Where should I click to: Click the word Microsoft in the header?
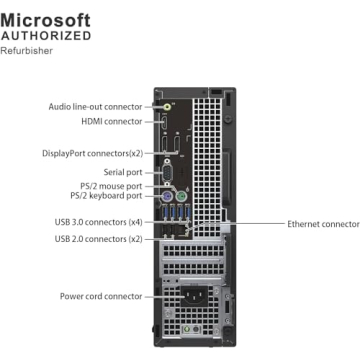click(x=46, y=19)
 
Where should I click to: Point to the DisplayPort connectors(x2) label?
click(x=93, y=153)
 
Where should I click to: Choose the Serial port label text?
click(x=124, y=172)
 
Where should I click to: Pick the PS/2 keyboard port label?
click(x=106, y=197)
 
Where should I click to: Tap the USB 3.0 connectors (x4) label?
click(x=99, y=221)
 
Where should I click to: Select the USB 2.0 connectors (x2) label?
click(x=99, y=239)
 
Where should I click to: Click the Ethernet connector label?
click(x=323, y=225)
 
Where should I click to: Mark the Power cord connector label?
click(x=100, y=296)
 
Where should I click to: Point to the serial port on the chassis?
click(x=170, y=172)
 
